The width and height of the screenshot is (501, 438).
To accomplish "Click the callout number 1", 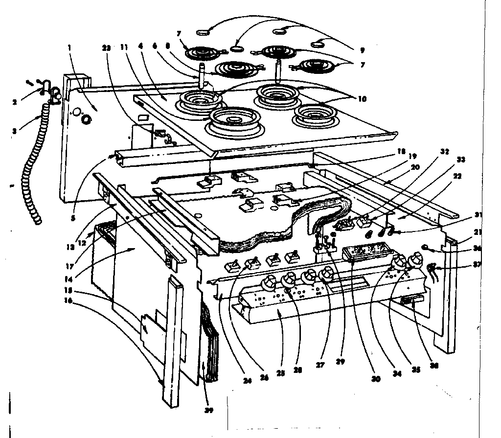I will tap(69, 47).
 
